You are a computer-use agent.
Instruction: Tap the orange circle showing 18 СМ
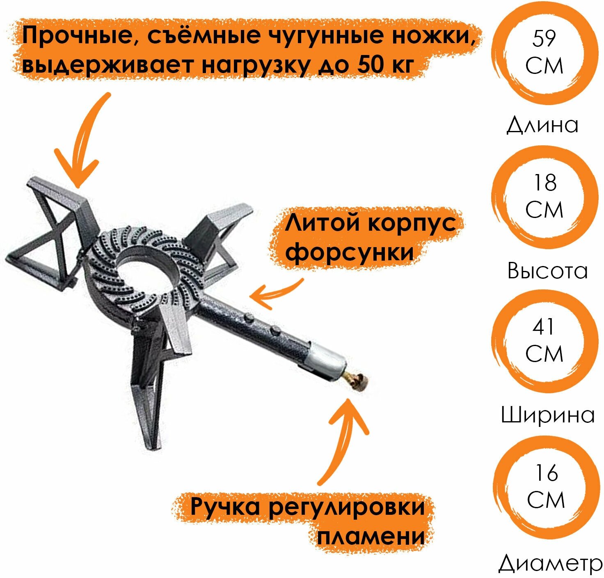pyautogui.click(x=544, y=197)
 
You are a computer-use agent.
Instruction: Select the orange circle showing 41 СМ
pyautogui.click(x=544, y=342)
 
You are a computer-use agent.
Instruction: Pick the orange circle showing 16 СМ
pyautogui.click(x=546, y=487)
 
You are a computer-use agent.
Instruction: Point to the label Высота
pyautogui.click(x=547, y=271)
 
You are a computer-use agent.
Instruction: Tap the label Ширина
pyautogui.click(x=548, y=415)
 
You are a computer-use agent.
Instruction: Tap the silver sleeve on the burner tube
pyautogui.click(x=327, y=360)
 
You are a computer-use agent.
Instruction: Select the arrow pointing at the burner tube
pyautogui.click(x=275, y=294)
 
